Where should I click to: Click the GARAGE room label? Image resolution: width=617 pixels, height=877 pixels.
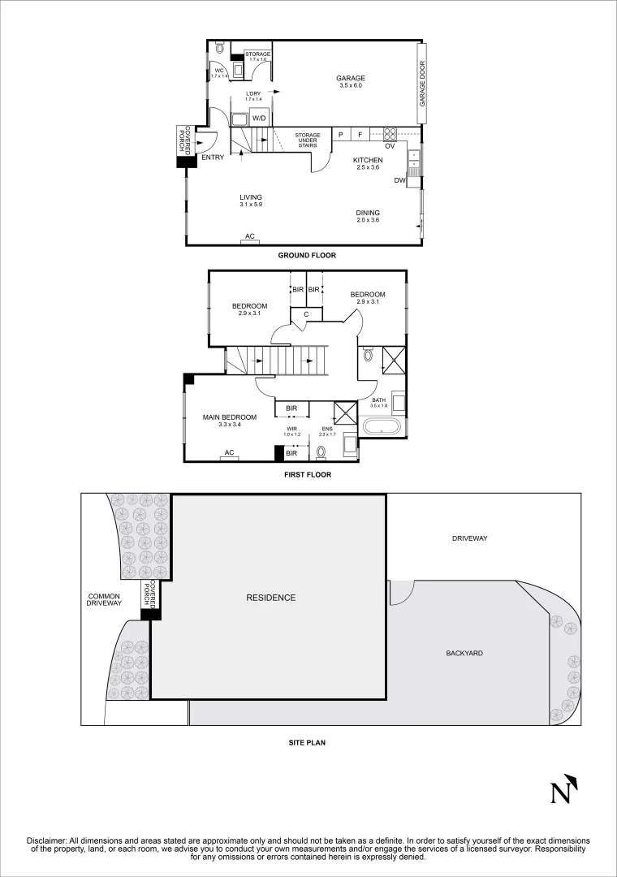[x=351, y=79]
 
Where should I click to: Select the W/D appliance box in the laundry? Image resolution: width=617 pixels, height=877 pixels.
[x=259, y=119]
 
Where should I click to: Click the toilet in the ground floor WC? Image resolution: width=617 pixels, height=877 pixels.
[x=219, y=49]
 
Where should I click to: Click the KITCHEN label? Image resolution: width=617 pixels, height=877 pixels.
[x=367, y=161]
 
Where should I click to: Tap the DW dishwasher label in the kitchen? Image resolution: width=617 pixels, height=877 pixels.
[x=399, y=180]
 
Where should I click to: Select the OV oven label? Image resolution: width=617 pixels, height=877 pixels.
[x=390, y=146]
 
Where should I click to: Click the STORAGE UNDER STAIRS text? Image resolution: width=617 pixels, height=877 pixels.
[x=308, y=140]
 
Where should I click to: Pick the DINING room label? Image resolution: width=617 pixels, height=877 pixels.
[x=367, y=214]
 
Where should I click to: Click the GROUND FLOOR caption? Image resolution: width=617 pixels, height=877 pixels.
[x=307, y=255]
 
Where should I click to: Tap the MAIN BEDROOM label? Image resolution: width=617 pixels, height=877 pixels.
[x=230, y=417]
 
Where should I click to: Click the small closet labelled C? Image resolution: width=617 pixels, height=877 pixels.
[x=306, y=314]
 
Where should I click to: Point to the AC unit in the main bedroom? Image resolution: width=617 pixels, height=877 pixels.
[x=229, y=453]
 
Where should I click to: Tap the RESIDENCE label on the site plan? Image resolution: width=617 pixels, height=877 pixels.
[x=271, y=598]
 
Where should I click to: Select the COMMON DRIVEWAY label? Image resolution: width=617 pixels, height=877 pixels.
[x=105, y=599]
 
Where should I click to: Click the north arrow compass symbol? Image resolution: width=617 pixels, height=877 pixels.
[x=563, y=788]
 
